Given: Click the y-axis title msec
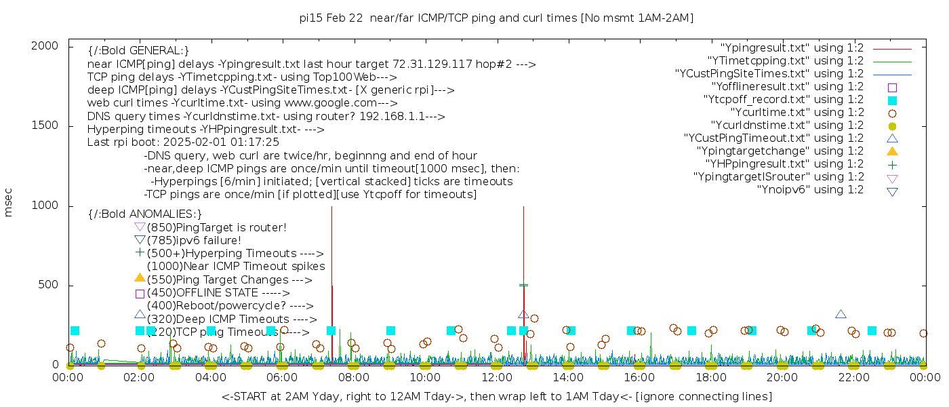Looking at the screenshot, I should [9, 201].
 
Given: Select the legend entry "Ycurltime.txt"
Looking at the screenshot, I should [796, 113].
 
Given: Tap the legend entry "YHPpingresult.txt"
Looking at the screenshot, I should [784, 164].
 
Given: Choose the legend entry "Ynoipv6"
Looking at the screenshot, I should [810, 190].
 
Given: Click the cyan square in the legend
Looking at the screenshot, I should [892, 100].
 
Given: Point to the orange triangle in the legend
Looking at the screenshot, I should [892, 151].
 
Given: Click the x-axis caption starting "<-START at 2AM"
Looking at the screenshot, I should [496, 396].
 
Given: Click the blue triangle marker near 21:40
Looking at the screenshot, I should [841, 314].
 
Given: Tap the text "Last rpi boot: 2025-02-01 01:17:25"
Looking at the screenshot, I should [183, 142].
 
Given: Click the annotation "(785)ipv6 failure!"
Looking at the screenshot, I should [194, 241].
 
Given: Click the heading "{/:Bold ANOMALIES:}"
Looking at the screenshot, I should [145, 214].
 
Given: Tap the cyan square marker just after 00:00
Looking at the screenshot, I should [75, 331].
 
